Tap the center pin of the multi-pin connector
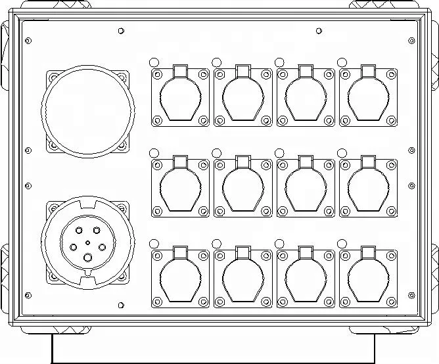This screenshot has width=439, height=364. point(88,242)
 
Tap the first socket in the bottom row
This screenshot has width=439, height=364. point(180,278)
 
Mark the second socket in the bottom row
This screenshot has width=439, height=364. point(243,278)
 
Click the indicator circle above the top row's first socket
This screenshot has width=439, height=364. point(154,62)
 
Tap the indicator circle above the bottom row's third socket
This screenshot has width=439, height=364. point(279,243)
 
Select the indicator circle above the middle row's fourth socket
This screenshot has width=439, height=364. point(342,152)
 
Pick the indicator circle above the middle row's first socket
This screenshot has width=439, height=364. point(154,152)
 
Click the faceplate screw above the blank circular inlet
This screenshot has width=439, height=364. point(121,30)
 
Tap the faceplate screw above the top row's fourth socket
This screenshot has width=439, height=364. point(319,30)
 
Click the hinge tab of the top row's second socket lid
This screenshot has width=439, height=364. point(243,70)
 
